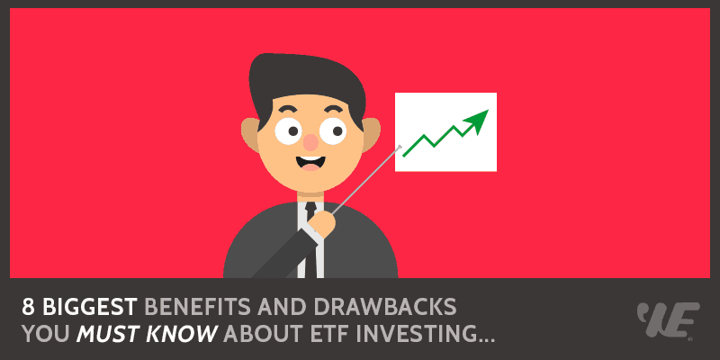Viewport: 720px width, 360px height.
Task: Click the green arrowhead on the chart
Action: pos(478,120)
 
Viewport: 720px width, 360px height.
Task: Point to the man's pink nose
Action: pos(311,142)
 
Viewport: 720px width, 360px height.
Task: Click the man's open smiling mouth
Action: pos(313,165)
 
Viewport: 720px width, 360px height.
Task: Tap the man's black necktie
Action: pos(310,238)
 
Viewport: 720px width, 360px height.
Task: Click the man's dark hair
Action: pos(297,85)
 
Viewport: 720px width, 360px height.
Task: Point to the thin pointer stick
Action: pos(364,180)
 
